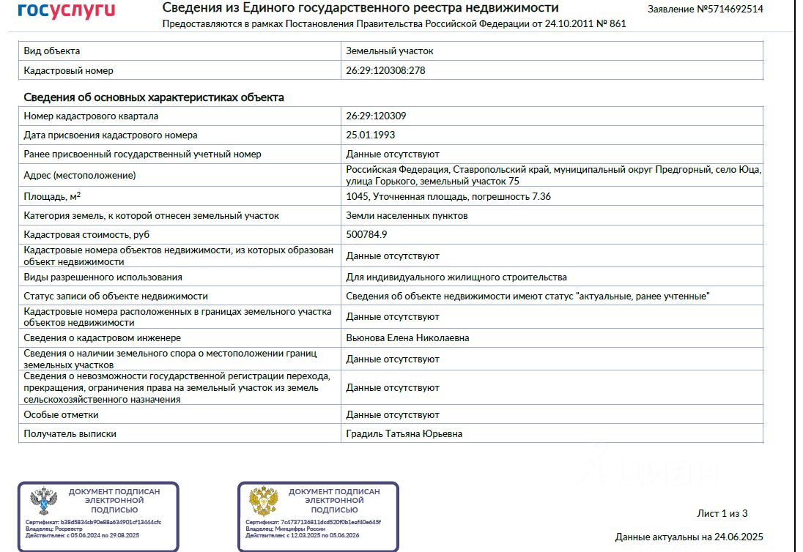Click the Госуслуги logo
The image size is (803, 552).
coord(67,10)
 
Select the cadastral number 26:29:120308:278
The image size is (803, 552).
coord(385,71)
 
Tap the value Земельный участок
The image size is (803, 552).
coord(390,51)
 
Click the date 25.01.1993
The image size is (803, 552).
coord(370,135)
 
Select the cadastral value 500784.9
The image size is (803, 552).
coord(366,234)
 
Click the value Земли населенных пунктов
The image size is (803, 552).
coord(407,216)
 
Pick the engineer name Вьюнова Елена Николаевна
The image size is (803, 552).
coord(407,338)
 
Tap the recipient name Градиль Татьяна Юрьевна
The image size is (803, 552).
coord(404,433)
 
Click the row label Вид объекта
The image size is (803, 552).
coord(52,51)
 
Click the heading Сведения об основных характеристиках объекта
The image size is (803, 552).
coord(154,97)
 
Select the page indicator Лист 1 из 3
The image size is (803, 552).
coord(722,513)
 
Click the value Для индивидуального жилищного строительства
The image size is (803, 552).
coord(456,277)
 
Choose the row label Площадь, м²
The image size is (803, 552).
coord(52,196)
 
